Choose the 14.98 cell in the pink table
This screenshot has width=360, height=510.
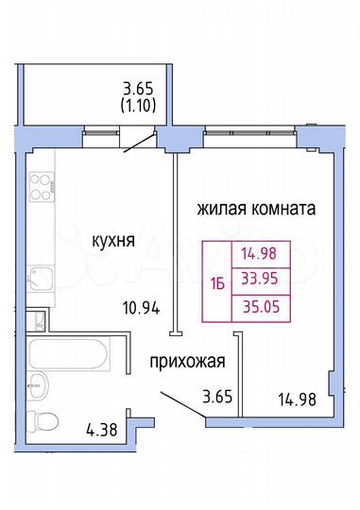point(262,252)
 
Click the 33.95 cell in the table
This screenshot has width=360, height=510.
point(262,280)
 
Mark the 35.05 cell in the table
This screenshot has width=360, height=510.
point(262,307)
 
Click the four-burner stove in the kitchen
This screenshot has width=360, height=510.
point(42,184)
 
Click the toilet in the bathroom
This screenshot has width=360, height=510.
point(41,421)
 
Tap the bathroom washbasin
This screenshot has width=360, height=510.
point(35,383)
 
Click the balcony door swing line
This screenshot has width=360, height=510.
point(138,143)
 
